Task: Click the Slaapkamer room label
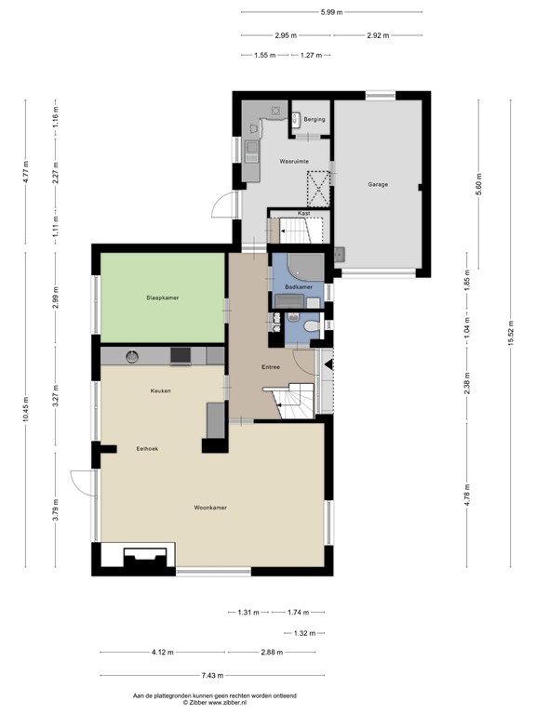[162, 297]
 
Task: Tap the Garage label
[378, 184]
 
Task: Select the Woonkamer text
[210, 508]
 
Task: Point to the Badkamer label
[299, 287]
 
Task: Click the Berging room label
[315, 119]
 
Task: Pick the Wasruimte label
[294, 161]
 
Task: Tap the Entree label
[271, 366]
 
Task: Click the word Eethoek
[147, 448]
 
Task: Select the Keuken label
[160, 390]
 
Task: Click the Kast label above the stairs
[304, 213]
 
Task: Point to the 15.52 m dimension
[511, 334]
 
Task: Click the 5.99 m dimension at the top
[332, 12]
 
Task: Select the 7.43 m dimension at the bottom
[212, 675]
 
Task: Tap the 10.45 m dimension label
[25, 409]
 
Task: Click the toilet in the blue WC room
[313, 326]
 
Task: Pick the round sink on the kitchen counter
[132, 356]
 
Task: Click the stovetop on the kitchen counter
[181, 356]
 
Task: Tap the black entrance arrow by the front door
[328, 364]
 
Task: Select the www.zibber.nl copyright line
[215, 703]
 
